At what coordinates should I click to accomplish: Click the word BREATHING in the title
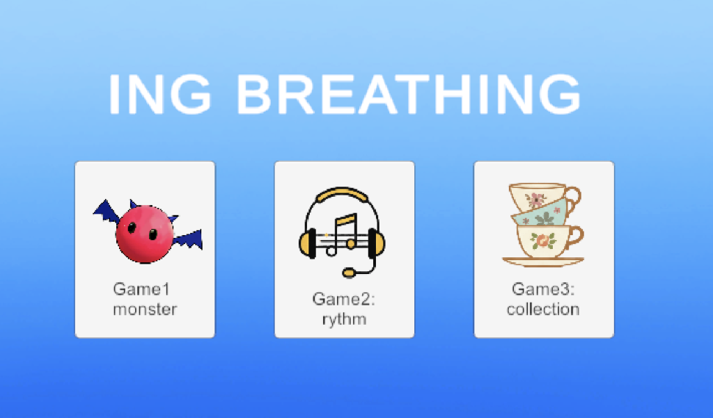[408, 94]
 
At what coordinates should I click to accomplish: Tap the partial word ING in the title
[159, 94]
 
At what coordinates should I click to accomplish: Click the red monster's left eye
[132, 227]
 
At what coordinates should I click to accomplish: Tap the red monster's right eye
[153, 234]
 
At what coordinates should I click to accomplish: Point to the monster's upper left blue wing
[107, 212]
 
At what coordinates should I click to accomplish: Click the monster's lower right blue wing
[188, 240]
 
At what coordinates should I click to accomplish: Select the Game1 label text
[141, 289]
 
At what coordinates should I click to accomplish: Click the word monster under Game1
[145, 310]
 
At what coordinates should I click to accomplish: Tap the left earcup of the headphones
[308, 243]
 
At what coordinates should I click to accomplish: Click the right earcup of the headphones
[376, 243]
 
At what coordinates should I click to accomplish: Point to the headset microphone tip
[349, 273]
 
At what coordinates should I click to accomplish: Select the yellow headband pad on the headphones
[342, 194]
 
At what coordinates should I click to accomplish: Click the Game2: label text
[344, 299]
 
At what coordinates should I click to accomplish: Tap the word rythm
[344, 320]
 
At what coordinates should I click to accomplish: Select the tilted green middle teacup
[542, 214]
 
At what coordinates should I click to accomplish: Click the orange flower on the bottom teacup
[543, 241]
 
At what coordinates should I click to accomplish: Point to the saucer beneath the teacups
[543, 262]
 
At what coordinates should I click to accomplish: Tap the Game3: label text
[543, 289]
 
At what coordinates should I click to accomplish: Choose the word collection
[543, 310]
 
